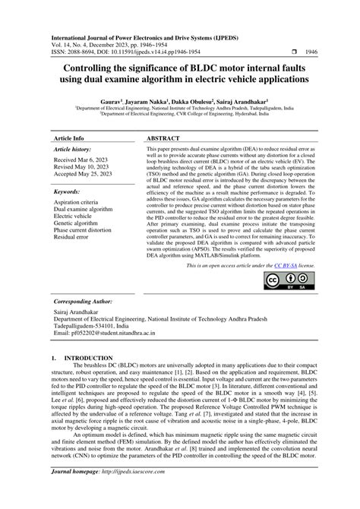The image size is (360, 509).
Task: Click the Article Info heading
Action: click(68, 139)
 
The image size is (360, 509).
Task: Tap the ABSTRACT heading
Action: click(164, 139)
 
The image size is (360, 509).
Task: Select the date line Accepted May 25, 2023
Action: click(87, 176)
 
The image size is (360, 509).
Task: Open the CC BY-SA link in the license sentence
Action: click(285, 266)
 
